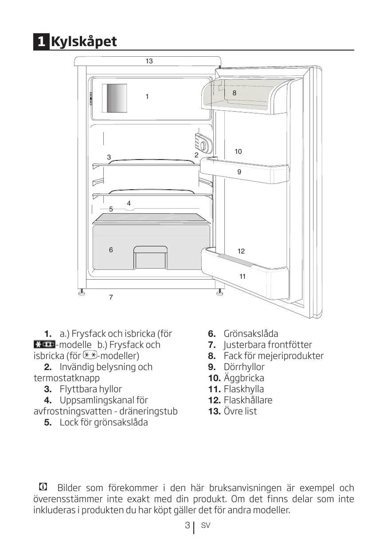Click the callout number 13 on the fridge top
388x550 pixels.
(149, 61)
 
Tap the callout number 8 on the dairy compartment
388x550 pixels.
(234, 93)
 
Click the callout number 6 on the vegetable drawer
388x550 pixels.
(111, 250)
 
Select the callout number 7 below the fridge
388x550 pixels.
(111, 297)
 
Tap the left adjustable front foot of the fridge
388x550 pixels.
(82, 293)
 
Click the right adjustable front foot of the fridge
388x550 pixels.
(219, 293)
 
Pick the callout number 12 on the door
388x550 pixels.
(241, 251)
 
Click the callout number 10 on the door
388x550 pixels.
(238, 152)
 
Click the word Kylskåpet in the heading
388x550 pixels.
(84, 42)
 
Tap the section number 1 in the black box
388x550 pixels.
(41, 42)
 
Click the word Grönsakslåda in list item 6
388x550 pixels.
(251, 334)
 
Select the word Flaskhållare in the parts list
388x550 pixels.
(248, 400)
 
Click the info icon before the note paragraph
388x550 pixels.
(43, 487)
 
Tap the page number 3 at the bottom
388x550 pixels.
(187, 526)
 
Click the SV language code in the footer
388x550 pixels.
(205, 526)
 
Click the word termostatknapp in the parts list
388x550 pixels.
(67, 378)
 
